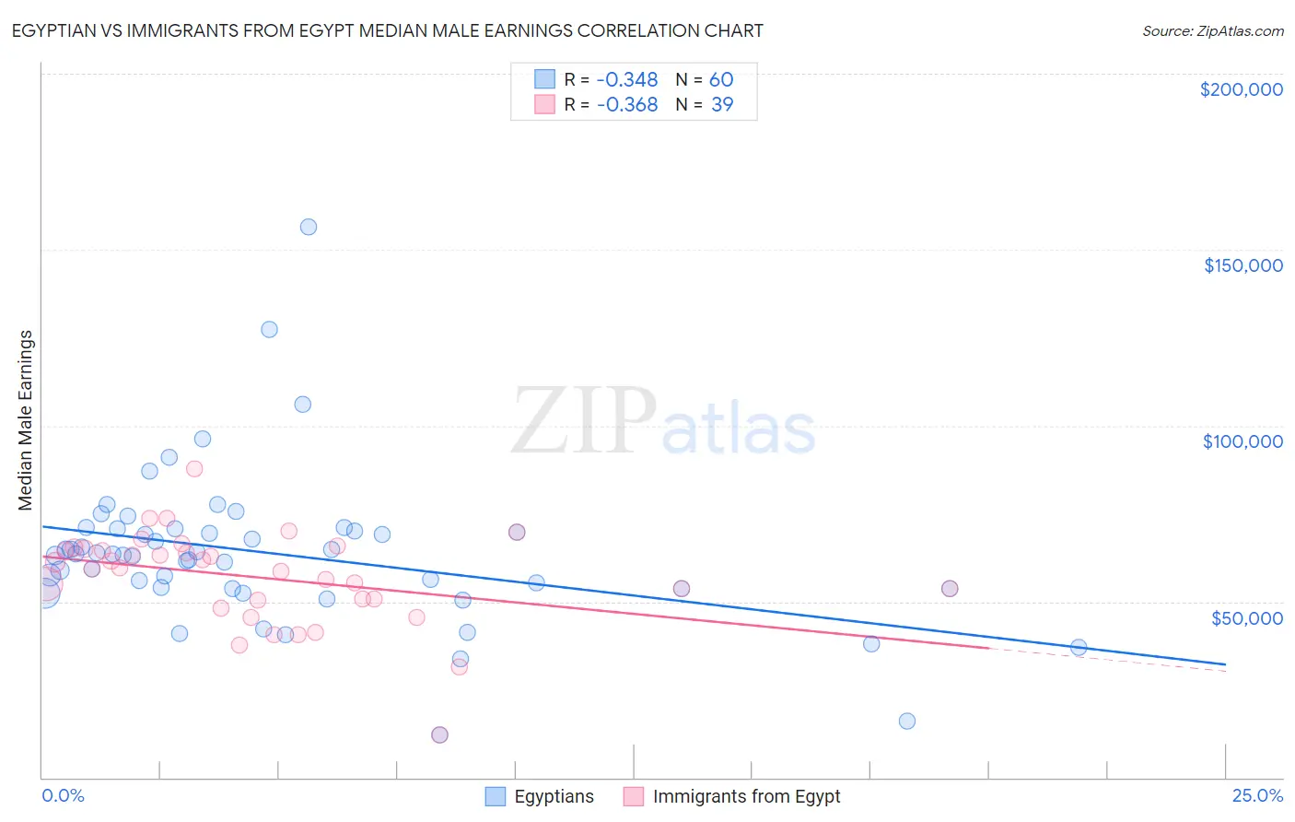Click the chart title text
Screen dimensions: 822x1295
point(388,30)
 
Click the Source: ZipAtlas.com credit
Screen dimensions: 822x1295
point(1212,30)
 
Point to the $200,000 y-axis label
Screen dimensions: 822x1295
point(1241,89)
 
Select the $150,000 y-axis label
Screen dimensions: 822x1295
point(1242,265)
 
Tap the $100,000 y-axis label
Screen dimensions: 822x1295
point(1242,441)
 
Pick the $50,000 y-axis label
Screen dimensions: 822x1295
point(1246,617)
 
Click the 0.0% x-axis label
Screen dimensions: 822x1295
point(63,795)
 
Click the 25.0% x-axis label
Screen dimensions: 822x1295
point(1257,795)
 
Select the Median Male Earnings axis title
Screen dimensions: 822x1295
point(26,420)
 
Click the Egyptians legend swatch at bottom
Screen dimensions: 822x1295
point(496,796)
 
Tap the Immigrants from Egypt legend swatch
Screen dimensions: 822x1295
point(634,796)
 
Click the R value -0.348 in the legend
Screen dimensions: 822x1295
point(627,80)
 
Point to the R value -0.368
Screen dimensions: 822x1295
point(627,105)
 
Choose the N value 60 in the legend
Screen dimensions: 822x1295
point(721,80)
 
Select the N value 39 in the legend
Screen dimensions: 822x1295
point(722,105)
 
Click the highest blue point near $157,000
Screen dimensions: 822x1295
point(309,227)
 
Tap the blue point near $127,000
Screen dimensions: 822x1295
point(269,329)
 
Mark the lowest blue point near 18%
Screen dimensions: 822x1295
point(907,721)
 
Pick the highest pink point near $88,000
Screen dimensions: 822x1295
point(194,468)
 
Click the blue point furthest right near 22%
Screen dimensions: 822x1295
point(1079,647)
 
